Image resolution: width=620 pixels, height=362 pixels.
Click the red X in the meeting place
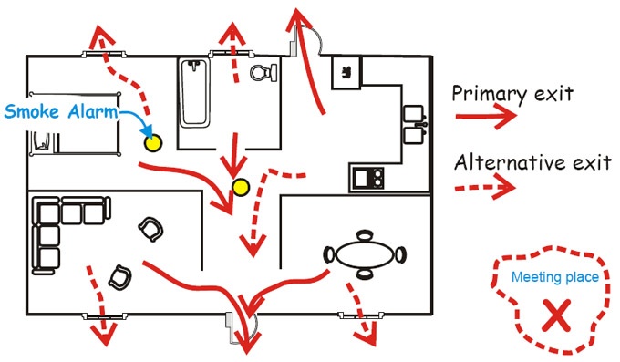pyautogui.click(x=553, y=315)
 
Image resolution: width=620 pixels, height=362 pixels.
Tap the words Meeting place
pyautogui.click(x=554, y=277)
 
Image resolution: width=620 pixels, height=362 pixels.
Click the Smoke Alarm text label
pyautogui.click(x=61, y=112)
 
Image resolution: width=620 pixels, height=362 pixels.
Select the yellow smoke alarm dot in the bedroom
pyautogui.click(x=151, y=142)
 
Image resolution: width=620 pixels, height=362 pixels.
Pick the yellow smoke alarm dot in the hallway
pyautogui.click(x=241, y=188)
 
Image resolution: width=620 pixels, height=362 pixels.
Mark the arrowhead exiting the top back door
pyautogui.click(x=297, y=16)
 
